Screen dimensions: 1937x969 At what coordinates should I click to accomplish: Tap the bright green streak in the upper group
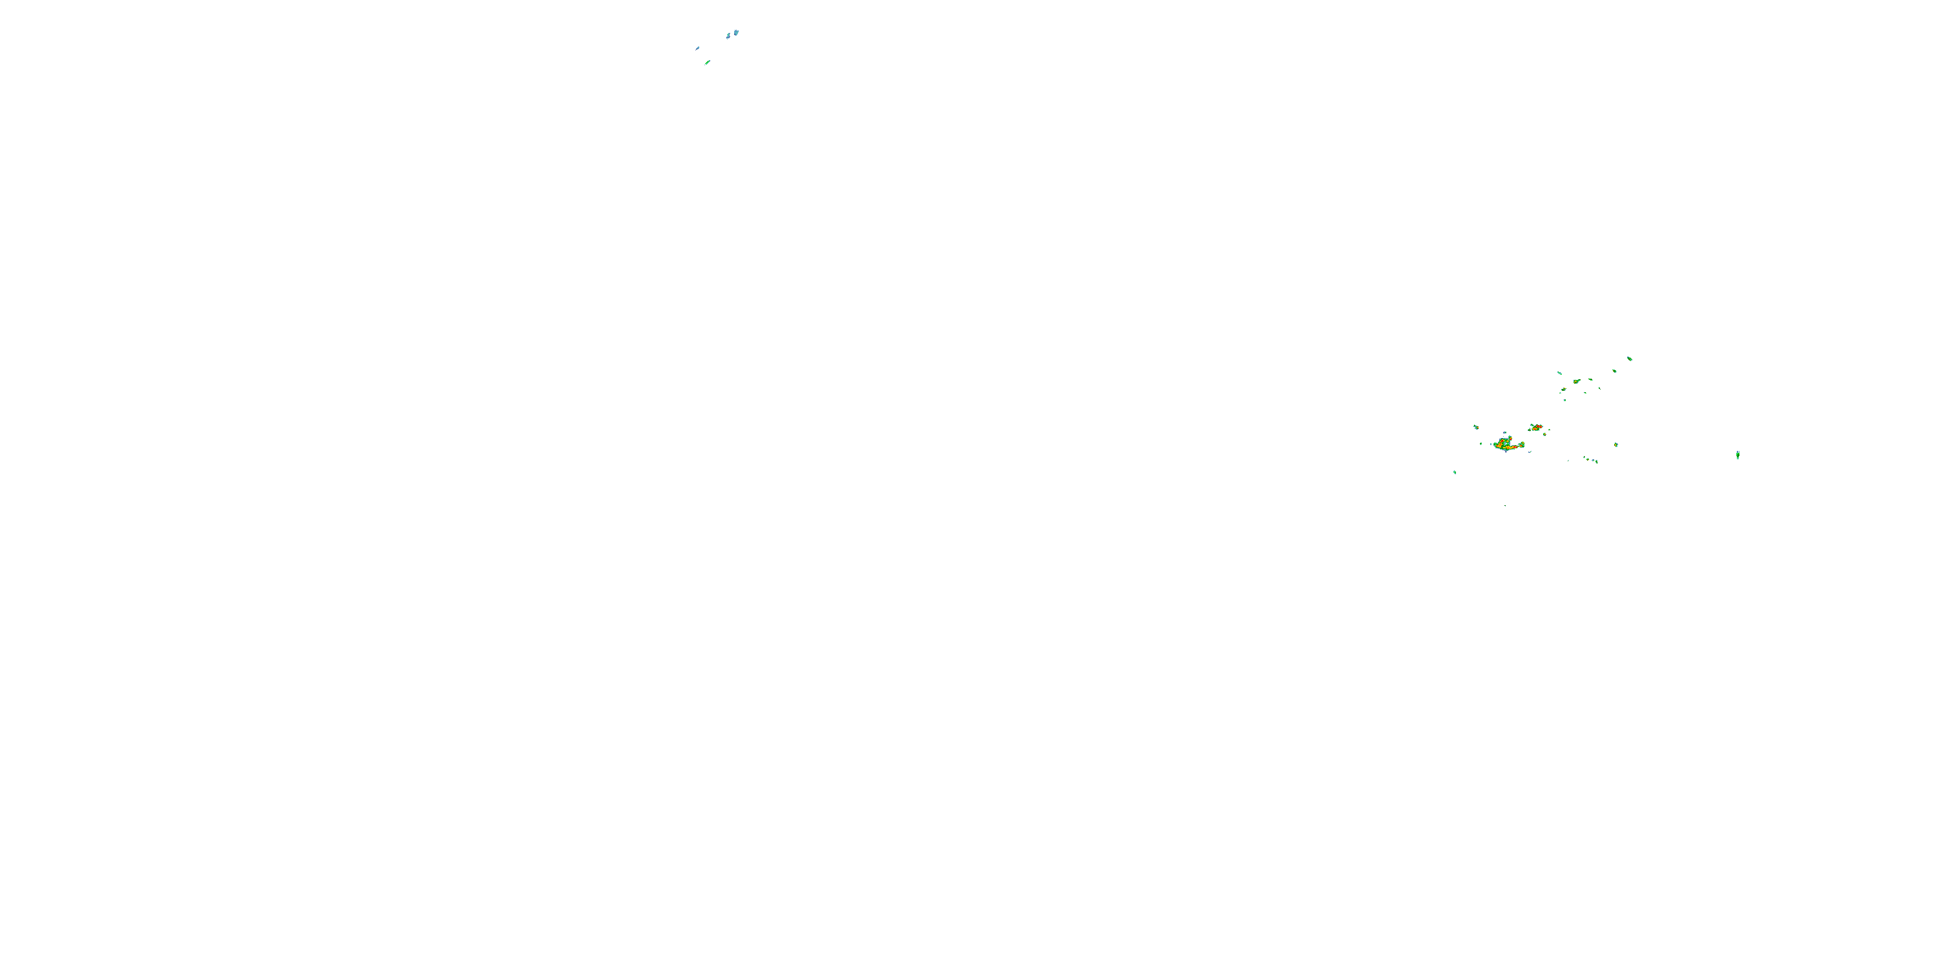click(x=708, y=63)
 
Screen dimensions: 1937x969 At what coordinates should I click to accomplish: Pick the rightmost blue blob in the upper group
click(x=736, y=32)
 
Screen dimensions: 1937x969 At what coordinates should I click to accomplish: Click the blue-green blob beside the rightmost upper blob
click(x=728, y=36)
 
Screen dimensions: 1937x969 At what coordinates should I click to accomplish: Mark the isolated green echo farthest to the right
click(x=1737, y=454)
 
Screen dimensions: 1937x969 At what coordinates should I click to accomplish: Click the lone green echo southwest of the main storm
click(x=1455, y=472)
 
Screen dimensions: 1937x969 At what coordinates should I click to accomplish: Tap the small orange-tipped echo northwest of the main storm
click(x=1476, y=426)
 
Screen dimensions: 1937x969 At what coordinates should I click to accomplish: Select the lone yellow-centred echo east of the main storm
click(x=1616, y=444)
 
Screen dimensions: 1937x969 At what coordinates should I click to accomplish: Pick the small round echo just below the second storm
click(x=1544, y=435)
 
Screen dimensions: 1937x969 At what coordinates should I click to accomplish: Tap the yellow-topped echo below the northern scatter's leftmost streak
click(x=1563, y=389)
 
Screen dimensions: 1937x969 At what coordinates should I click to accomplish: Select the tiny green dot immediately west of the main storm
click(x=1481, y=443)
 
